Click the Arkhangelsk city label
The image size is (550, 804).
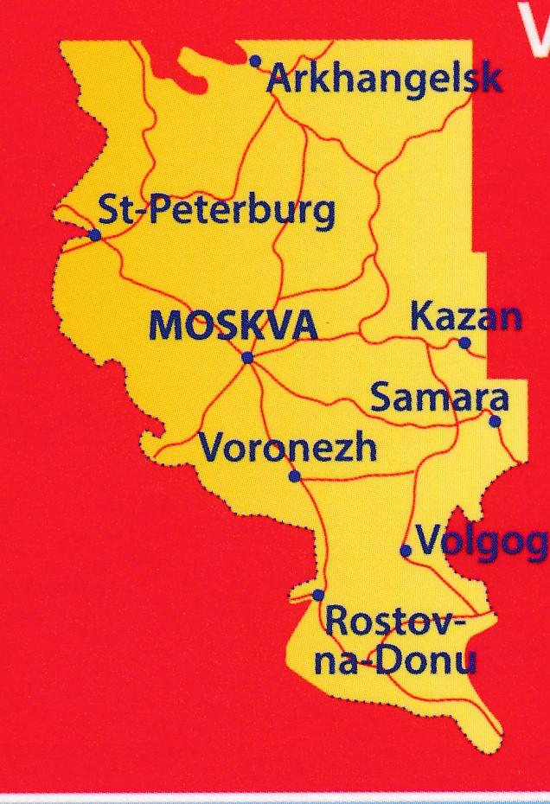385,80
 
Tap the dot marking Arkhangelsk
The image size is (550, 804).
255,61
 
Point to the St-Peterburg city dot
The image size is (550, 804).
95,234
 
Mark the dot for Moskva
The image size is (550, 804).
247,357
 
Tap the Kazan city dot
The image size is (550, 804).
464,343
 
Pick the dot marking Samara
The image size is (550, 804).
495,422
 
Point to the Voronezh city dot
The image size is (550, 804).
294,475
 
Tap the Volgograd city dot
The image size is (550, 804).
406,550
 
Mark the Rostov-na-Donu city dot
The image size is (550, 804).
318,595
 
